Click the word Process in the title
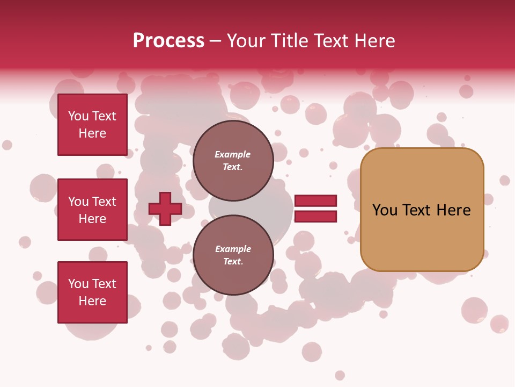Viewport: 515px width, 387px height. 168,41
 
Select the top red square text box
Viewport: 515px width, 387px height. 92,125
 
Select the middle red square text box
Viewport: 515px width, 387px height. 92,210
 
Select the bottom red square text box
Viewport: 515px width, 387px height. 92,292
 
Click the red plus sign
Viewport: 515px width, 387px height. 165,209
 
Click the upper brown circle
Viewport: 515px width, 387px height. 233,160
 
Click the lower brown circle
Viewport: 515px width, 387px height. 233,255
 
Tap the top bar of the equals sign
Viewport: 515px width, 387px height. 315,200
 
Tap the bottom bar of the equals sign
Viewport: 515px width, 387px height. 315,217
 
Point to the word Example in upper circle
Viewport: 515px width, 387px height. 233,154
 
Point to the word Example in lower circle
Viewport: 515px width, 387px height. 233,249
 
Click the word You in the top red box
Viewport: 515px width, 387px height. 78,116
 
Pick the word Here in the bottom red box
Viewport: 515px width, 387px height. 92,301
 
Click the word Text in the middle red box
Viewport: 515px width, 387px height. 104,202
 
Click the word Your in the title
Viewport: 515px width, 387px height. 246,41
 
